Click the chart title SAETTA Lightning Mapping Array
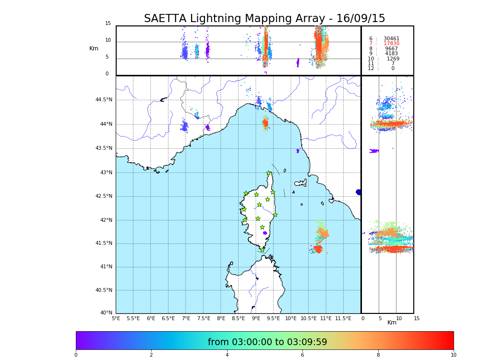point(264,19)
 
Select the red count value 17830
point(391,44)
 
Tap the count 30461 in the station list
point(391,39)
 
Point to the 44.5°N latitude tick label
point(104,100)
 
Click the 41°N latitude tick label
point(106,267)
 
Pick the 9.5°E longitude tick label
point(273,318)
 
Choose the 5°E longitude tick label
point(116,318)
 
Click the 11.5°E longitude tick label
point(343,318)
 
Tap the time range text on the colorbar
point(267,342)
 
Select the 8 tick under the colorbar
point(378,355)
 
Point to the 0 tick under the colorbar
point(76,355)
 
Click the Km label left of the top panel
point(94,48)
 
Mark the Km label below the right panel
point(392,323)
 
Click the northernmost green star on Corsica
point(269,173)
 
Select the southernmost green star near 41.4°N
point(262,250)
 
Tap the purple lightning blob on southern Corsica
point(265,233)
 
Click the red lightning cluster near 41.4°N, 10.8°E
point(317,249)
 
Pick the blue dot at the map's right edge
point(359,192)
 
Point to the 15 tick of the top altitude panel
point(108,24)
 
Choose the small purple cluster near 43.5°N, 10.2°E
point(298,151)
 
